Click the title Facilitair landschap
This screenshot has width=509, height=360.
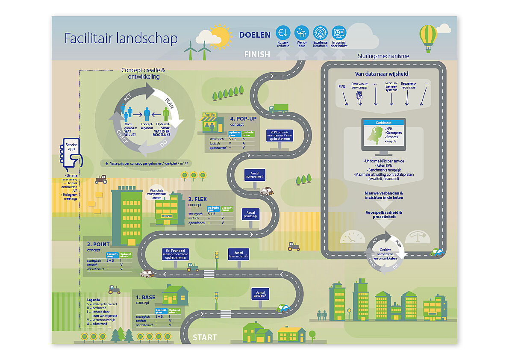(121, 38)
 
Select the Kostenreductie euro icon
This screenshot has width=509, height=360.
(283, 32)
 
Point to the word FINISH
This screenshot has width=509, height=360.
(257, 54)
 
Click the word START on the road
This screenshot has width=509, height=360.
(205, 337)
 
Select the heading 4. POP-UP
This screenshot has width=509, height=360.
(244, 118)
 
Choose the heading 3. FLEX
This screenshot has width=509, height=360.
(197, 199)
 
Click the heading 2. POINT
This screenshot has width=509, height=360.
(98, 245)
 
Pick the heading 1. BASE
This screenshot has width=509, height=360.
(146, 297)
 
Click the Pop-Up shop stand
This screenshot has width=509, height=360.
(209, 124)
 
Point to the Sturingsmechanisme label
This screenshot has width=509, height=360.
(383, 56)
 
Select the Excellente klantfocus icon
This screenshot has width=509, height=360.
(320, 32)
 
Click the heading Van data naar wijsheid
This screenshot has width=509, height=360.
(381, 74)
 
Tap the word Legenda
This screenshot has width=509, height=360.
(93, 300)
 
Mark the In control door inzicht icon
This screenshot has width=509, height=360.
(339, 32)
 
